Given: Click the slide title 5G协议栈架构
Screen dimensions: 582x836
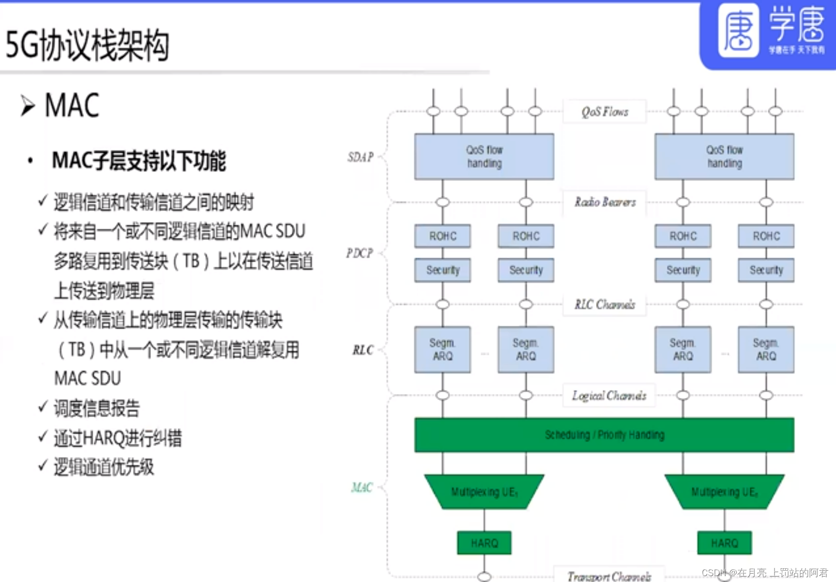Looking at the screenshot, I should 88,46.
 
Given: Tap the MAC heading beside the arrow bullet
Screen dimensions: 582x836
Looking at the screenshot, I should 72,105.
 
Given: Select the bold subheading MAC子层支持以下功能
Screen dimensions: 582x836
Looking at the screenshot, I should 139,161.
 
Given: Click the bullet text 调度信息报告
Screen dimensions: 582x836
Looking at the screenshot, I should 96,408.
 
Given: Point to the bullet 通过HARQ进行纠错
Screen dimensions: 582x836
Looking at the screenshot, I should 118,438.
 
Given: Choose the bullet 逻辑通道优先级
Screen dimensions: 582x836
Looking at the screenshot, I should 103,467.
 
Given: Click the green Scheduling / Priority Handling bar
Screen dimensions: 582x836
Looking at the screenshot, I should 604,435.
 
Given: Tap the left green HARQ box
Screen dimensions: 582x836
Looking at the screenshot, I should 484,543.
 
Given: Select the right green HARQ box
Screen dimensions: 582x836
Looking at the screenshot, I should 724,543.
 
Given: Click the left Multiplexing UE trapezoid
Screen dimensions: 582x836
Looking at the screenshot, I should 484,491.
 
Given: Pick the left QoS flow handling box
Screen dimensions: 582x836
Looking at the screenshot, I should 484,156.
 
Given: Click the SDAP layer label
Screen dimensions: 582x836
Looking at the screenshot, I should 360,157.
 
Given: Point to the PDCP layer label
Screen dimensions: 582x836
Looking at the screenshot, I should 359,253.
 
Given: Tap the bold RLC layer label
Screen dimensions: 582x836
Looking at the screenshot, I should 363,350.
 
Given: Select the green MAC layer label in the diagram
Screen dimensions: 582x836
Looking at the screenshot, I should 362,488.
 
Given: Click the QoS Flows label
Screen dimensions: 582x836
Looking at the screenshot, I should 605,112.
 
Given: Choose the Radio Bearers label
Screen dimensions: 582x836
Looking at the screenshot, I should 605,202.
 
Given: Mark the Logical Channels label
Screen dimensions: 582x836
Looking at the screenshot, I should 609,396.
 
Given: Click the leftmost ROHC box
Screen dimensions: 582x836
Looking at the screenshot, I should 443,236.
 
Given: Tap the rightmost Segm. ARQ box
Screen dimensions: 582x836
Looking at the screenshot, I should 766,349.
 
